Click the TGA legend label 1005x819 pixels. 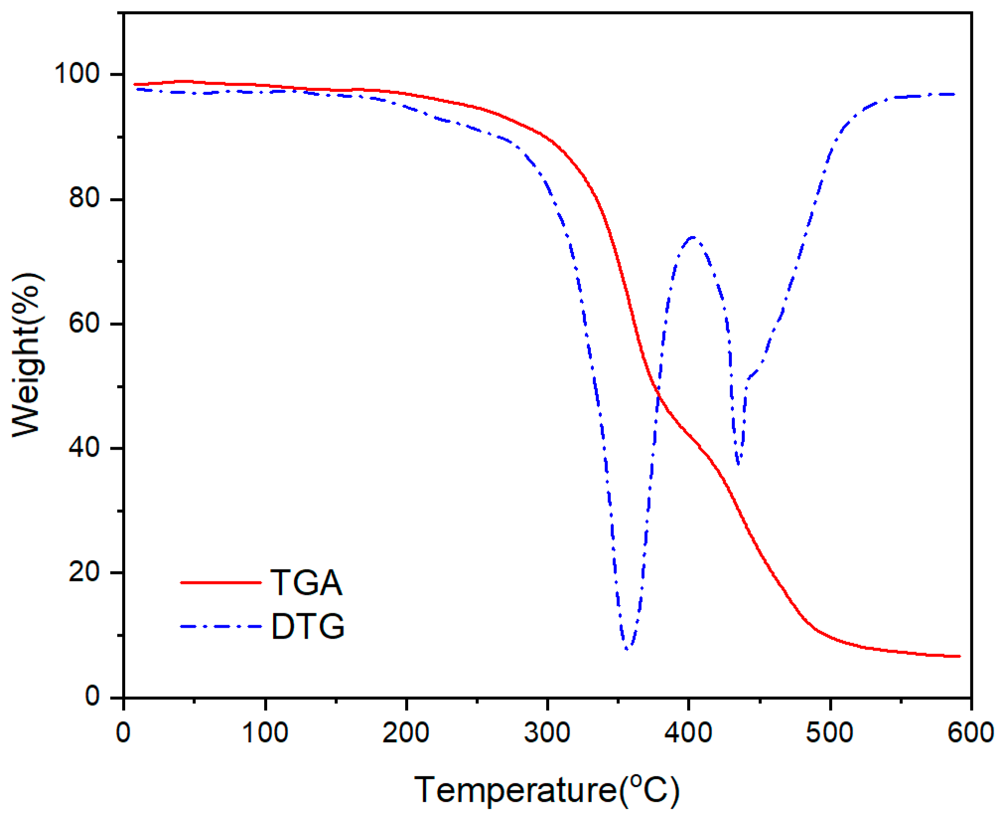(x=306, y=582)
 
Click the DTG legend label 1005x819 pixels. (x=308, y=626)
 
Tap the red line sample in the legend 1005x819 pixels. (x=220, y=582)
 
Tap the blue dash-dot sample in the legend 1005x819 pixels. (x=220, y=626)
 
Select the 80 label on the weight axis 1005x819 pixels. (x=84, y=198)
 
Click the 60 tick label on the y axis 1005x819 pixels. (x=84, y=323)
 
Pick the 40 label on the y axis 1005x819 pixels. (x=84, y=448)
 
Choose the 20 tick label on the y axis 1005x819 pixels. (x=84, y=572)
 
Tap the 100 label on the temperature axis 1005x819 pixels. (x=265, y=733)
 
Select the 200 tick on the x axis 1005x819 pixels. (x=406, y=733)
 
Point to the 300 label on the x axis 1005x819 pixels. (x=547, y=733)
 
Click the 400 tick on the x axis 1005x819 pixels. (x=688, y=733)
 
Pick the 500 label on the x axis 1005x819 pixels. (x=829, y=733)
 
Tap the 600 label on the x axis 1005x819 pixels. (x=970, y=733)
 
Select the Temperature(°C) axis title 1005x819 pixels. (x=546, y=790)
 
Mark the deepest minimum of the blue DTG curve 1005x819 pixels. (x=628, y=649)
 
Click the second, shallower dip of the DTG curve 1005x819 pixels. (x=739, y=464)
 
